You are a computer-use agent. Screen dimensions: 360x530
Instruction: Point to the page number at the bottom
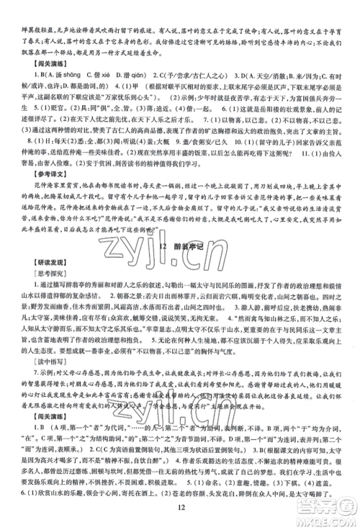tap(180, 512)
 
